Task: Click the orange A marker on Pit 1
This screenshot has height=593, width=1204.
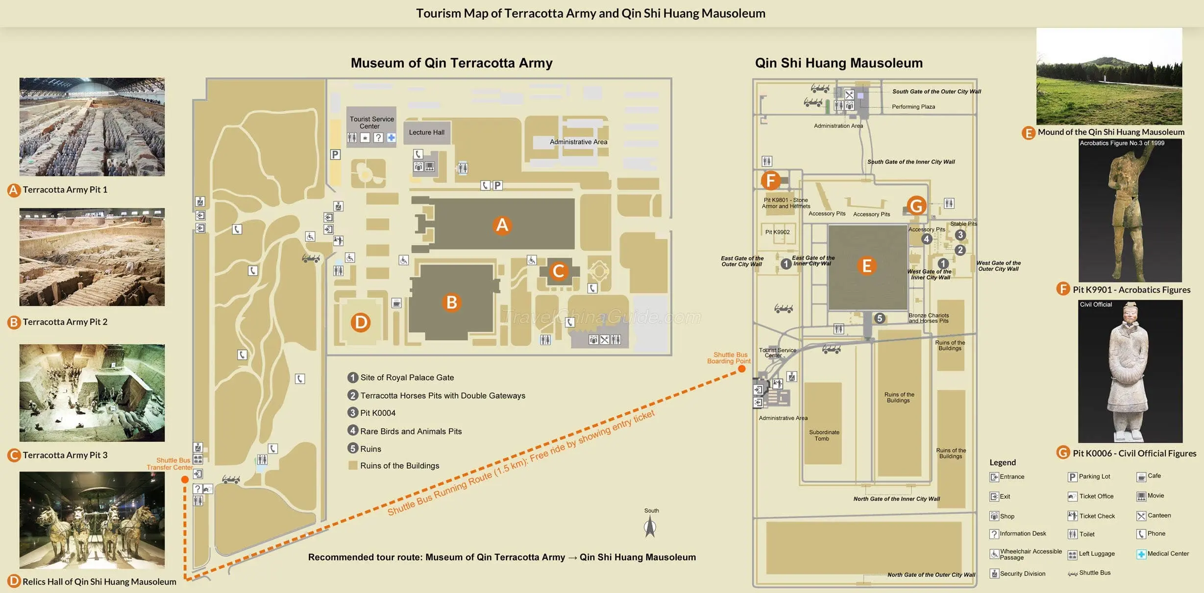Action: point(502,225)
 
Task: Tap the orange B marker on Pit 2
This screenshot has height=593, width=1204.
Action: point(451,302)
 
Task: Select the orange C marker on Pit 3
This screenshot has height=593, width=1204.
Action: point(558,271)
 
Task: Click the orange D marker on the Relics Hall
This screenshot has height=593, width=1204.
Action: point(360,322)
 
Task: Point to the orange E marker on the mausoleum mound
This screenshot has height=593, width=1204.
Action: point(866,266)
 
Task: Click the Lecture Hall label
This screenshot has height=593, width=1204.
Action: point(427,132)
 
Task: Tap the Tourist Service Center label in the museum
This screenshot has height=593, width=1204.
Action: point(371,122)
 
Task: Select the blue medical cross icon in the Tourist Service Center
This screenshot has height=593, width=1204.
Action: point(391,138)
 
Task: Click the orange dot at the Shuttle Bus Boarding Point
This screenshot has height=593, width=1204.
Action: point(742,369)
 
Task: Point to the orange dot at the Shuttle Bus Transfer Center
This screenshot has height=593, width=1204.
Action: point(185,479)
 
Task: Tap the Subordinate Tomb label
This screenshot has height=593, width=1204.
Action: point(824,435)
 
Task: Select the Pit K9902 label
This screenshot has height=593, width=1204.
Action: point(777,232)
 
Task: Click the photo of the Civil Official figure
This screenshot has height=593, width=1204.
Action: point(1130,371)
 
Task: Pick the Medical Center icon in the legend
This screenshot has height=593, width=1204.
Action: point(1141,554)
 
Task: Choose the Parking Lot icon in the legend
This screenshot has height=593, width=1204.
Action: point(1072,477)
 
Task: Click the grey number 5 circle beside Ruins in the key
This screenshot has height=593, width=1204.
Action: point(353,449)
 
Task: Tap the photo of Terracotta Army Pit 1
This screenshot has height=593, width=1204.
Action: point(92,127)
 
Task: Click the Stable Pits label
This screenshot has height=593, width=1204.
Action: point(963,224)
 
